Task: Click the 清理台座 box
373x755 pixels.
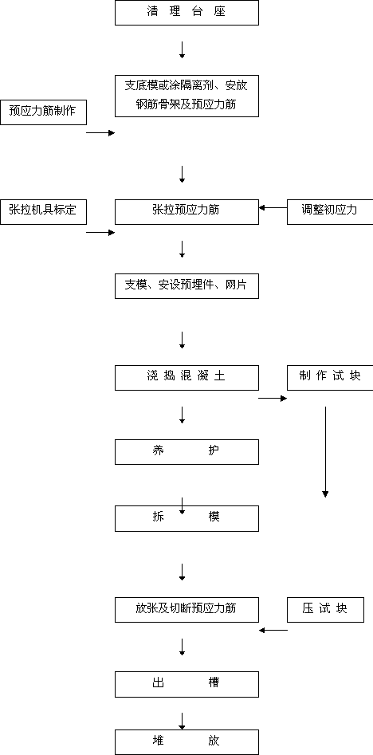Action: pyautogui.click(x=186, y=13)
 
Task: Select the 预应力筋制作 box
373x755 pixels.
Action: pyautogui.click(x=43, y=112)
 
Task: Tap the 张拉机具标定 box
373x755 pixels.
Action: pyautogui.click(x=43, y=211)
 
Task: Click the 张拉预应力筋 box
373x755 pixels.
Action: pyautogui.click(x=186, y=211)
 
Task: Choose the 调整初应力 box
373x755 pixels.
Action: pyautogui.click(x=330, y=211)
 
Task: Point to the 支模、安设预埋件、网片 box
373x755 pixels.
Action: pyautogui.click(x=186, y=286)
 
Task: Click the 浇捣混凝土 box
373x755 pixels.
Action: pyautogui.click(x=186, y=378)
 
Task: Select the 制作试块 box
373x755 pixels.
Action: pyautogui.click(x=330, y=378)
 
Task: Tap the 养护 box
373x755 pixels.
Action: pyautogui.click(x=186, y=452)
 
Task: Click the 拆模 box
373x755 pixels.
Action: pyautogui.click(x=186, y=518)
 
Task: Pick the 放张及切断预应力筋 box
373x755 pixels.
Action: pyautogui.click(x=186, y=610)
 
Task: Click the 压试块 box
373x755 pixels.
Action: pyautogui.click(x=325, y=610)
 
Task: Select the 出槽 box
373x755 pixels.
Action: pyautogui.click(x=186, y=684)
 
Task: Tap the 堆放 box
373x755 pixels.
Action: pyautogui.click(x=186, y=742)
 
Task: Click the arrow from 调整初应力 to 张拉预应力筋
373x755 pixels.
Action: pyautogui.click(x=273, y=208)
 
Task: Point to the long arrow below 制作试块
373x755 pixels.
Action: pyautogui.click(x=325, y=452)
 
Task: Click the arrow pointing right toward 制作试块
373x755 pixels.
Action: pyautogui.click(x=273, y=398)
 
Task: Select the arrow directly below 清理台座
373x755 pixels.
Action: pyautogui.click(x=182, y=50)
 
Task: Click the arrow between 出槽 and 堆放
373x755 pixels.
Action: pyautogui.click(x=182, y=722)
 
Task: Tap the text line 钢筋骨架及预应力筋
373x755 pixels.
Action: pyautogui.click(x=186, y=104)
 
